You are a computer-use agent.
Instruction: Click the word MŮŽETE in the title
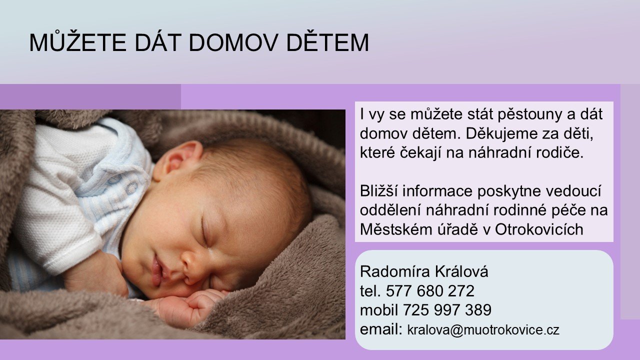(x=77, y=42)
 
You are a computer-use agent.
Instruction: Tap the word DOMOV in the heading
(x=233, y=43)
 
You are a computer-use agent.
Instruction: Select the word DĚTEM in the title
(x=327, y=42)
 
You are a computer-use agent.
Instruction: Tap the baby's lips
(x=157, y=270)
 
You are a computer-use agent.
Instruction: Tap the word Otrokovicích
(x=539, y=229)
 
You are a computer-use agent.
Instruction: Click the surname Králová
(x=461, y=271)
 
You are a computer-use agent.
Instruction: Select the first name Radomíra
(x=395, y=271)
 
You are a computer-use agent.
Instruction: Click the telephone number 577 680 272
(x=430, y=291)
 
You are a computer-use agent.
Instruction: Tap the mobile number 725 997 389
(x=447, y=310)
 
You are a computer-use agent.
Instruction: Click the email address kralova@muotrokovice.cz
(x=483, y=330)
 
